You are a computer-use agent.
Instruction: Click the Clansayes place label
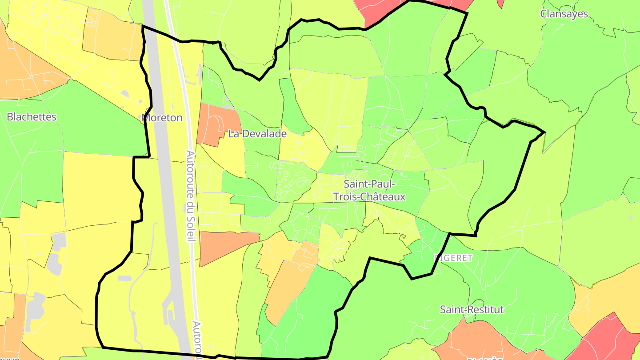564,14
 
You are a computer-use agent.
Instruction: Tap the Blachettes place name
32,117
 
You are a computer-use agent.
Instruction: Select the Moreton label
163,118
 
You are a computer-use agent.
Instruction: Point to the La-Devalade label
257,133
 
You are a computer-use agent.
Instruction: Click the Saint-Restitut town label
472,309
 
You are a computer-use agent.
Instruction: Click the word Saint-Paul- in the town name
369,184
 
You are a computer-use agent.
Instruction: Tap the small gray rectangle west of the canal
124,278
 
